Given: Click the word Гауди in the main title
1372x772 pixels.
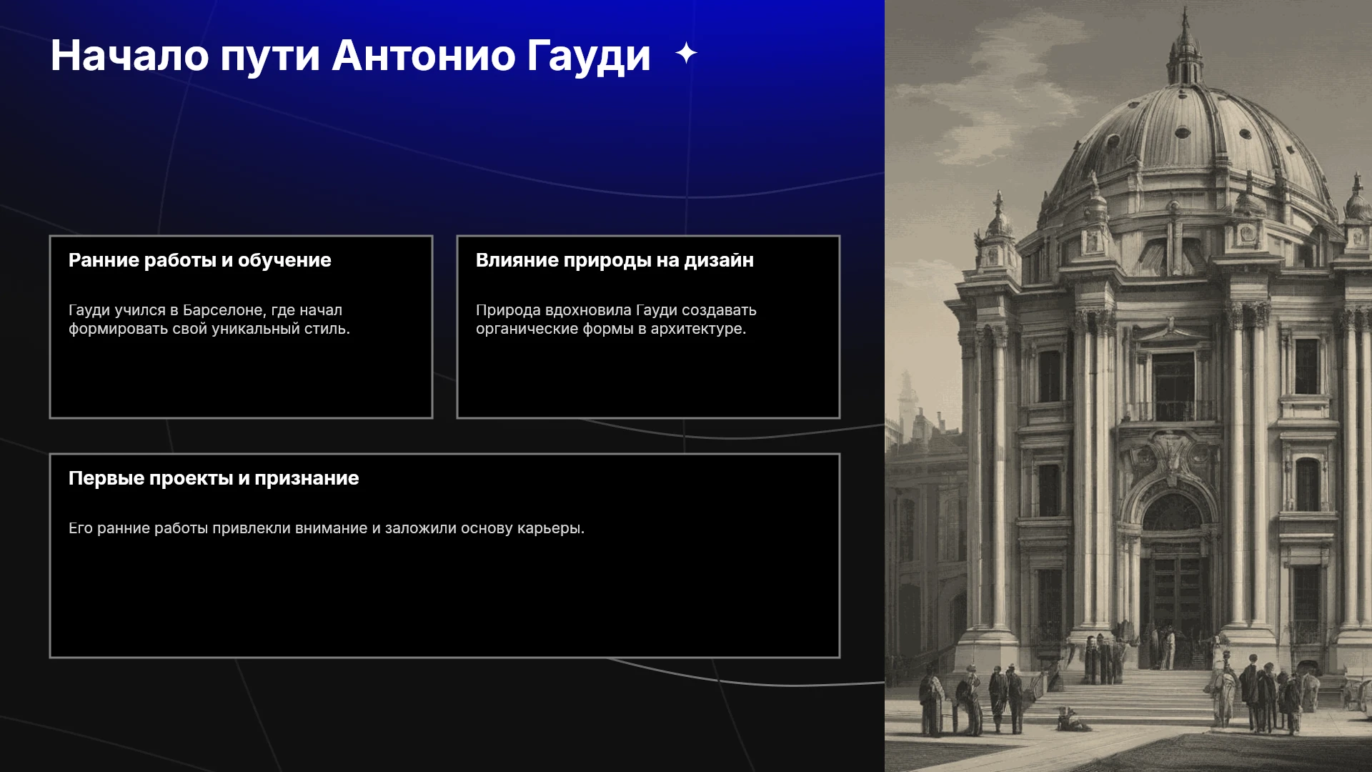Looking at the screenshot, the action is [589, 56].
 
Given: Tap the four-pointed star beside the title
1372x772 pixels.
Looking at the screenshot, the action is [686, 53].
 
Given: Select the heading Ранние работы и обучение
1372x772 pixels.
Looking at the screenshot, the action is [200, 260].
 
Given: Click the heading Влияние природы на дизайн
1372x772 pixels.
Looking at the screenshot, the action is [615, 260].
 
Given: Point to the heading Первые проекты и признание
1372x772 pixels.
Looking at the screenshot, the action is [214, 478].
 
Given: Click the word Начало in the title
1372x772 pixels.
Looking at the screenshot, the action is [129, 55].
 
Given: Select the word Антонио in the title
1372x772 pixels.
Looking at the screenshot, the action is [424, 55].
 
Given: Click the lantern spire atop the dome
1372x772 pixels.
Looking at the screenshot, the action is [1185, 46].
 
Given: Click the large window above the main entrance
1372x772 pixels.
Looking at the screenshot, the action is [1173, 386].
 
